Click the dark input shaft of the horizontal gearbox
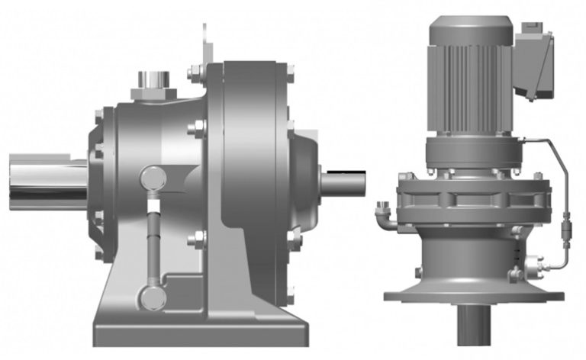(x=343, y=182)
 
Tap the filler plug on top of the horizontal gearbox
(x=153, y=83)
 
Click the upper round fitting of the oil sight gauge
(x=153, y=178)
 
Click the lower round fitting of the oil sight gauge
(x=153, y=296)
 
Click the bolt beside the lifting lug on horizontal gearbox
(x=193, y=74)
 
